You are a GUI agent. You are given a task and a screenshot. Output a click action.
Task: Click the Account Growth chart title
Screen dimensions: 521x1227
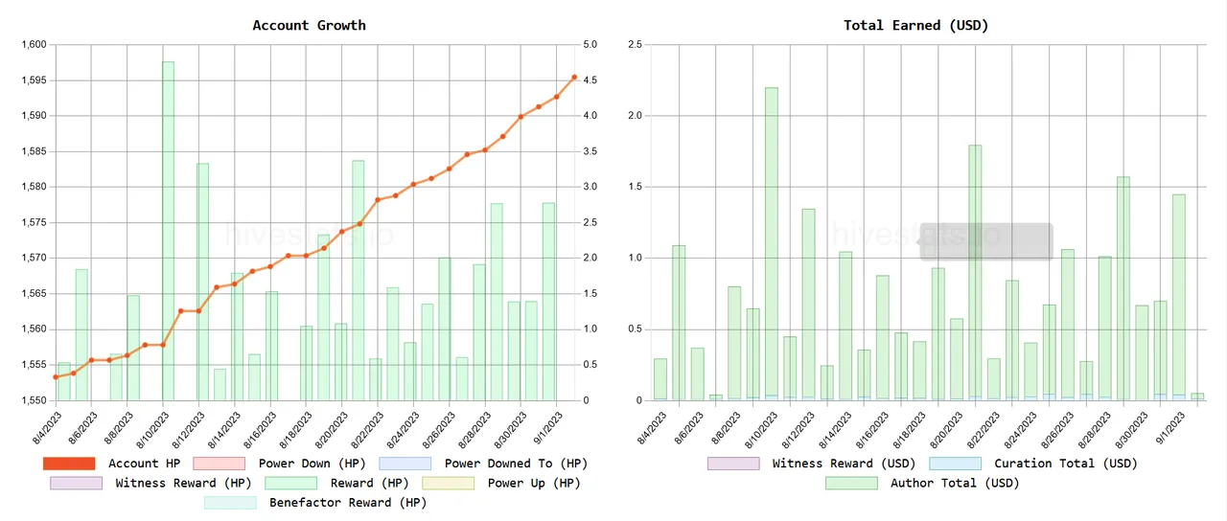click(x=309, y=25)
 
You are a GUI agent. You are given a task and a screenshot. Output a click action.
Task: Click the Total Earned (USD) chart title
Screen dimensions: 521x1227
click(x=915, y=25)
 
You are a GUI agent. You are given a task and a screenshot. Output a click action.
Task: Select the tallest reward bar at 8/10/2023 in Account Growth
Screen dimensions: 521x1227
click(x=168, y=230)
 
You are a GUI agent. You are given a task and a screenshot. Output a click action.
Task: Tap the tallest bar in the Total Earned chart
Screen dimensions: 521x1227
click(x=771, y=244)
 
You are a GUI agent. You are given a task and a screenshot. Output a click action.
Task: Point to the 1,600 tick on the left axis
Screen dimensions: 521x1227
click(x=33, y=45)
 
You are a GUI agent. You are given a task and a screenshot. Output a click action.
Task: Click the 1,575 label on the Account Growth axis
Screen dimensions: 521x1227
click(x=33, y=223)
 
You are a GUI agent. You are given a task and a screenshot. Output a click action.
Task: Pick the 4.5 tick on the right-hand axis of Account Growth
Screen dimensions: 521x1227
click(x=590, y=80)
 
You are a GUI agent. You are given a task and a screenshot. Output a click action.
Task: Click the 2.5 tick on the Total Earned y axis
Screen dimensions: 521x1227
click(x=635, y=45)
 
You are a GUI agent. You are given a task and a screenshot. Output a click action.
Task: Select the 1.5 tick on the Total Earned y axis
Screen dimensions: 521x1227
click(x=635, y=188)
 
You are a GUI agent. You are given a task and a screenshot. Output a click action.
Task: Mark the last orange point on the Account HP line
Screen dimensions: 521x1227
click(x=574, y=77)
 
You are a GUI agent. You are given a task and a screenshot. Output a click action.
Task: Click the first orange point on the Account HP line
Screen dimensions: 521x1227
click(x=56, y=377)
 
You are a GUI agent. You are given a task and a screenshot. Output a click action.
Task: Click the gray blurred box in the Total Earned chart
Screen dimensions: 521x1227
click(x=986, y=241)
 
